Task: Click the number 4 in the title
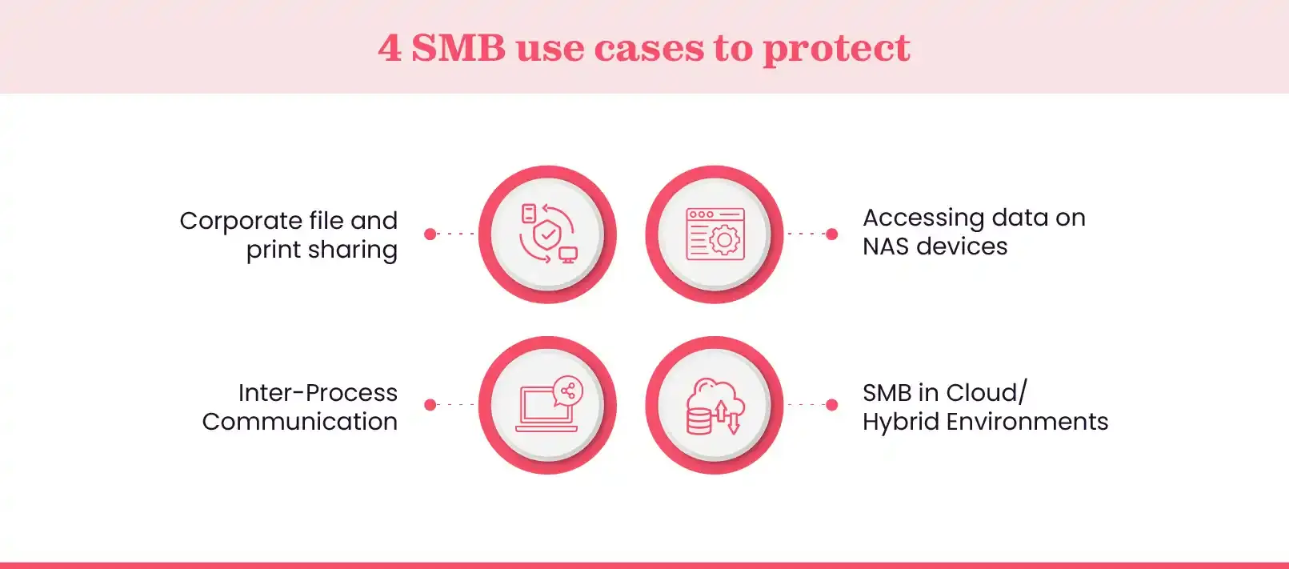click(x=390, y=48)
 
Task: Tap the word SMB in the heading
click(x=458, y=48)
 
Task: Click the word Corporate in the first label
click(x=240, y=221)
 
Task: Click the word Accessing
click(x=923, y=218)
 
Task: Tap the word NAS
click(x=886, y=246)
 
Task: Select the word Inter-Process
click(x=318, y=393)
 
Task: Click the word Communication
click(x=299, y=422)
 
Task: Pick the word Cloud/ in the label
click(x=986, y=393)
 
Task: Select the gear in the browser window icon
click(x=725, y=240)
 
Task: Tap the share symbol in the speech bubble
click(x=568, y=391)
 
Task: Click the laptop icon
click(x=540, y=410)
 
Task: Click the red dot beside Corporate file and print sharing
click(x=430, y=234)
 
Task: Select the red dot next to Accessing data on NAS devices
click(x=832, y=234)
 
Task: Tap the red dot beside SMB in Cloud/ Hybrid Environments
click(x=832, y=405)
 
